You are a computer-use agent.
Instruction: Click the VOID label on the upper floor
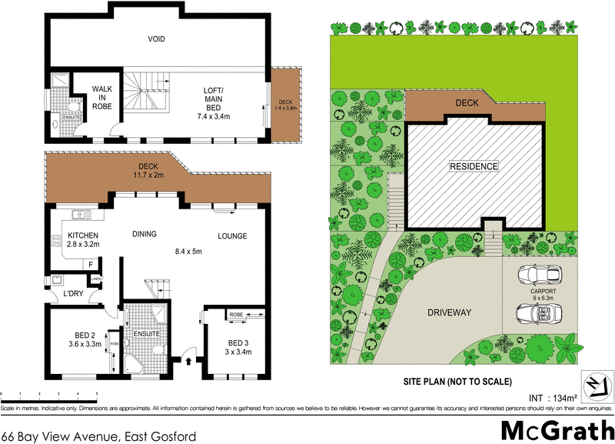click(x=157, y=39)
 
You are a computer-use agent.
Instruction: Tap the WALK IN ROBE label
click(x=102, y=98)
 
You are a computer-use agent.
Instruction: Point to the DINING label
click(x=144, y=234)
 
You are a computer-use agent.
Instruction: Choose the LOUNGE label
click(x=231, y=236)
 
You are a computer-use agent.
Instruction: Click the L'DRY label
click(x=74, y=294)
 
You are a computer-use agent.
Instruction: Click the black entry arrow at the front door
click(x=188, y=359)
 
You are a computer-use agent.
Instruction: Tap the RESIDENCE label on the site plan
click(x=474, y=166)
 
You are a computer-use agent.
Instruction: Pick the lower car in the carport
click(x=537, y=313)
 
